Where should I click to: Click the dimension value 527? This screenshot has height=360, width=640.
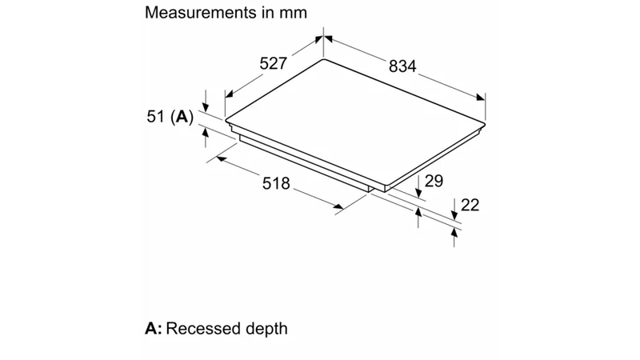click(274, 63)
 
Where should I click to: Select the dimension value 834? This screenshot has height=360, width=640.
click(402, 66)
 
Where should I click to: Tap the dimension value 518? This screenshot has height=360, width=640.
click(276, 183)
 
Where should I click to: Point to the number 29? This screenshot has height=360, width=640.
click(434, 181)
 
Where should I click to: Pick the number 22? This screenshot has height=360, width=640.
click(470, 205)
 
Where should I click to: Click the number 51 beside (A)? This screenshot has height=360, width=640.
click(156, 117)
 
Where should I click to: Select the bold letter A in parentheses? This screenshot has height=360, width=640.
click(182, 117)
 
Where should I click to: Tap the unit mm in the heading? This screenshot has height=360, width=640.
click(293, 13)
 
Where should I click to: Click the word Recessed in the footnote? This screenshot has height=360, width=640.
click(201, 328)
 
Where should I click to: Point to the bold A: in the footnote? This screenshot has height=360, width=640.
click(154, 328)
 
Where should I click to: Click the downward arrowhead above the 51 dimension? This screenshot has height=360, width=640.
click(206, 107)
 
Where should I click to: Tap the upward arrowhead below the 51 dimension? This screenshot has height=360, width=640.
click(205, 133)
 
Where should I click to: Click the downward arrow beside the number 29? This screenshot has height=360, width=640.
click(418, 186)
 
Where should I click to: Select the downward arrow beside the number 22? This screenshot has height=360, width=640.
click(454, 210)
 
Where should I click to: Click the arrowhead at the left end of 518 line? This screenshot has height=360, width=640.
click(222, 158)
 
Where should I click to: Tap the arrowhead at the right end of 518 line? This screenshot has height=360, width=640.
click(338, 206)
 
